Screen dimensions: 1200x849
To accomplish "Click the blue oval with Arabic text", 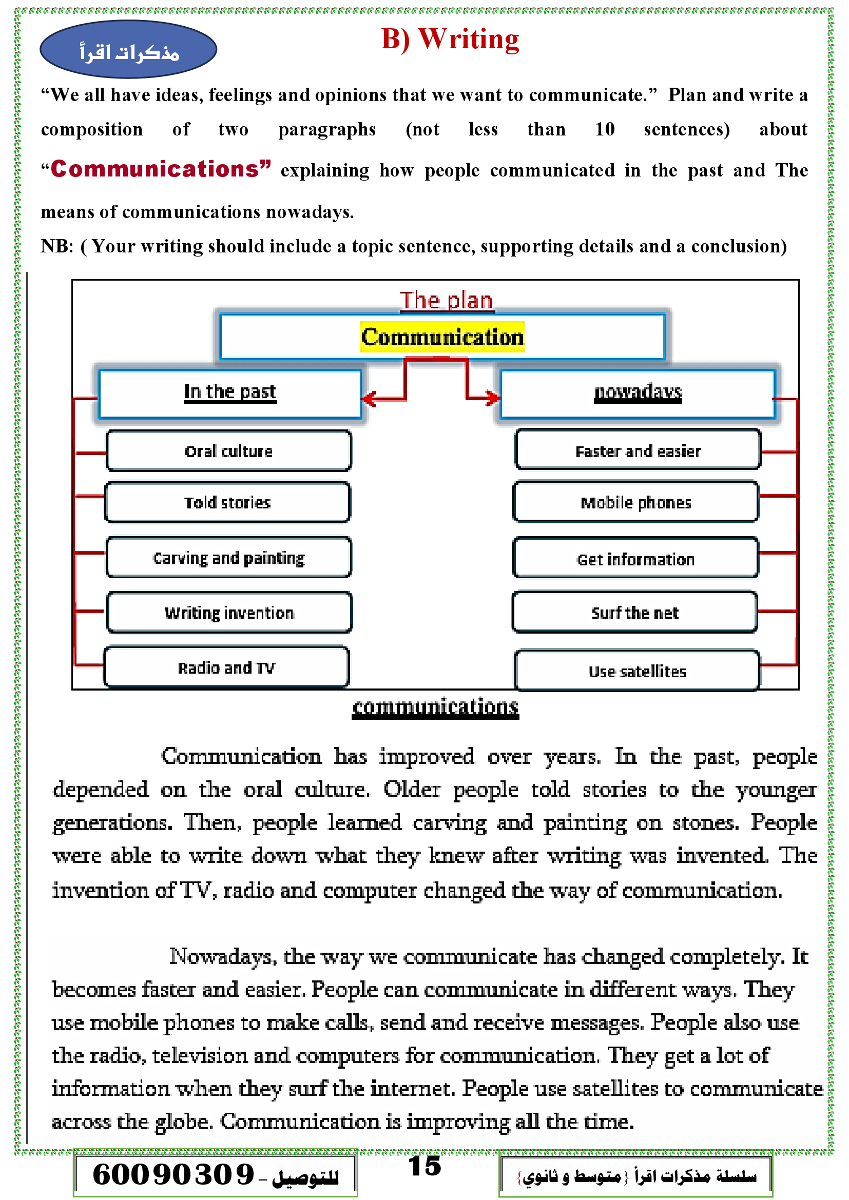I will coord(128,50).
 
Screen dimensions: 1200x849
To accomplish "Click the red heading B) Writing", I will coord(450,39).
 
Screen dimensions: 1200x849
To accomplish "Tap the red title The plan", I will coord(446,301).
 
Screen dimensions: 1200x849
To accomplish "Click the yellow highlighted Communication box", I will coord(442,337).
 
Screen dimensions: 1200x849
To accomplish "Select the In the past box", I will coord(229,393).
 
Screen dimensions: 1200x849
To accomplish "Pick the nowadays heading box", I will coord(638,393).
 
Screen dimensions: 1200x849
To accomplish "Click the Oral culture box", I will coord(228,451).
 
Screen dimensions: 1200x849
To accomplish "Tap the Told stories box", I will coord(227,502).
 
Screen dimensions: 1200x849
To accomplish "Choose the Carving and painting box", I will coord(228,558).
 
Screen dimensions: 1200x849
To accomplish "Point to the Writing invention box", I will coord(229,612).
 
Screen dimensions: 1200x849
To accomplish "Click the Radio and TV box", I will coord(226,667).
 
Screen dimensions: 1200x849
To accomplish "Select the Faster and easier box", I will coord(638,450).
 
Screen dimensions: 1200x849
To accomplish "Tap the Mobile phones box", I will coord(635,502).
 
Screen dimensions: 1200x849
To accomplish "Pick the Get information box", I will coord(635,559).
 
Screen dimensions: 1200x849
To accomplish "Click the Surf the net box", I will coord(634,612).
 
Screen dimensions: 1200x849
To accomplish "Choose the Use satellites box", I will coord(638,671).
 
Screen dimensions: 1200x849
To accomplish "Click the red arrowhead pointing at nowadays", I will coord(492,398).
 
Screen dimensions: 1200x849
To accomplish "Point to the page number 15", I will coord(424,1166).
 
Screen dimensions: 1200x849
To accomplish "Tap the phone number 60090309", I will coord(173,1174).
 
